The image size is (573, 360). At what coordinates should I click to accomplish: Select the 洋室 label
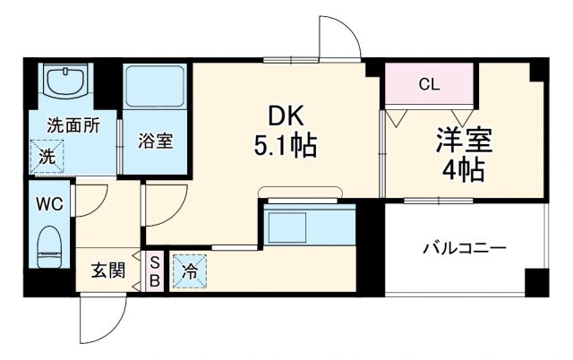pyautogui.click(x=465, y=141)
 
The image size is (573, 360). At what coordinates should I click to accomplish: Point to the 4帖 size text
pyautogui.click(x=465, y=169)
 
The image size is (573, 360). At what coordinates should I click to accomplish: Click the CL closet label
pyautogui.click(x=429, y=85)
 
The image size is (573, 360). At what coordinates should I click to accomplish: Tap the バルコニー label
pyautogui.click(x=465, y=248)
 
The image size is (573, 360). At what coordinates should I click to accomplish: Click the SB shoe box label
pyautogui.click(x=154, y=270)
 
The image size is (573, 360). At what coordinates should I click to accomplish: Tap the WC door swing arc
pyautogui.click(x=93, y=201)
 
